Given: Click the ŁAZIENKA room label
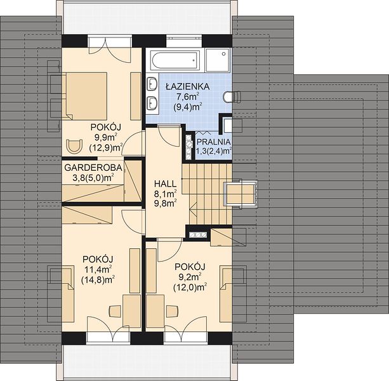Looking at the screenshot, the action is (188, 86).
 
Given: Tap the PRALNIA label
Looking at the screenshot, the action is (214, 142).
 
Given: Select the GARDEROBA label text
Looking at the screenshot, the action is (93, 168).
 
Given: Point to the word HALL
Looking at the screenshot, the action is (165, 184).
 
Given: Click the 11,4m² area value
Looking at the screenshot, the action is (98, 269).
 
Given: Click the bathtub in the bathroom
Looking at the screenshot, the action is (176, 60).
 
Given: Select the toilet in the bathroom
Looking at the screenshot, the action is (232, 97).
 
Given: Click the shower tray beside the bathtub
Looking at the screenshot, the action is (218, 60).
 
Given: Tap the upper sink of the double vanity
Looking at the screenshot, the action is (152, 84).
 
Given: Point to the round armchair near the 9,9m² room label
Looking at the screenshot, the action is (74, 147).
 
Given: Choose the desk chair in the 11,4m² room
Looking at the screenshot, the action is (115, 311).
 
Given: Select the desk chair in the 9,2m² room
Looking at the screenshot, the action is (173, 311).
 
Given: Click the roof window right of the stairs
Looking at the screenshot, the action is (241, 194).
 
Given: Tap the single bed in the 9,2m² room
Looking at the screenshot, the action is (226, 295).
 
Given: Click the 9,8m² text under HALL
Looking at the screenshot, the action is (165, 204).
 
